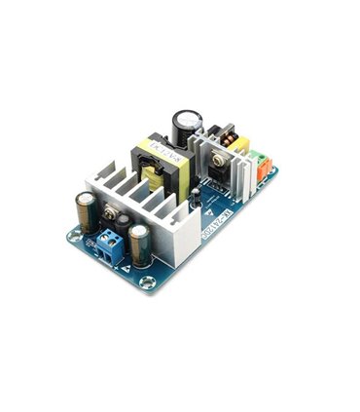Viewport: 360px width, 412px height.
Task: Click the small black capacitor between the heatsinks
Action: [196, 198]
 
